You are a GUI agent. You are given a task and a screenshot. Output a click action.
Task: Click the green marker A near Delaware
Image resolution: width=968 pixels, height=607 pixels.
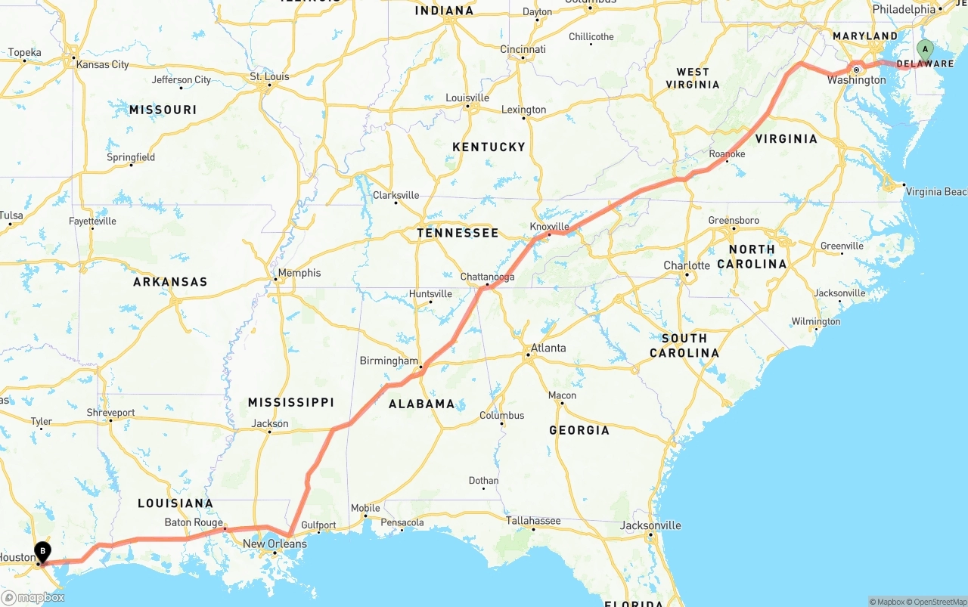point(924,51)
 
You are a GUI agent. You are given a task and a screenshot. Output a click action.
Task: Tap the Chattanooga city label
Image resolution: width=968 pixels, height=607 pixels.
point(488,277)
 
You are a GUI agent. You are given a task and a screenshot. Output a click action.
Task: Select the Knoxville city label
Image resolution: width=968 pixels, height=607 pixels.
point(549,226)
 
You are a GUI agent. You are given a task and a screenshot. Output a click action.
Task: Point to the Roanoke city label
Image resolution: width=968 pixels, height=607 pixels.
point(727,153)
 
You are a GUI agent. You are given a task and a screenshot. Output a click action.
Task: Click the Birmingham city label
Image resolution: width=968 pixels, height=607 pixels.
point(389,361)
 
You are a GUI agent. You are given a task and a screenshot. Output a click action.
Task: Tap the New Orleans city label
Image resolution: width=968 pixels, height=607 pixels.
point(275,544)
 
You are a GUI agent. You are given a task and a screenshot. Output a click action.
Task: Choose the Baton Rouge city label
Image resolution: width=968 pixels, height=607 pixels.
point(194,522)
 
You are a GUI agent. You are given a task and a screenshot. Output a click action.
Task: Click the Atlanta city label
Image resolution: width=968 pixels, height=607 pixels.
point(548,348)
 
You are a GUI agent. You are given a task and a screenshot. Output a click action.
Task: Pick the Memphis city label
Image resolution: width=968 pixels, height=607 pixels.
point(299,273)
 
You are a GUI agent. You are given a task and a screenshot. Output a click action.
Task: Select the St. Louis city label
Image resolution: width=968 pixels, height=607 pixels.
point(270,76)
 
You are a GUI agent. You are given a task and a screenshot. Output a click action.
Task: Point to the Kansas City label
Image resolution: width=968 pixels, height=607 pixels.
point(103,64)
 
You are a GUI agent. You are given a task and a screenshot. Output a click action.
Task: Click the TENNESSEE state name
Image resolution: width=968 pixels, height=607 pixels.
point(458,233)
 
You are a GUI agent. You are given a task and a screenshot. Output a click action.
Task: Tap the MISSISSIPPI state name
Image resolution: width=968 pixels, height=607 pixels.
point(291,402)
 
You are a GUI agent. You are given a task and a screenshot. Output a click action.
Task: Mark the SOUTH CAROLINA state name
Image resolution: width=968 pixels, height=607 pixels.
point(684,345)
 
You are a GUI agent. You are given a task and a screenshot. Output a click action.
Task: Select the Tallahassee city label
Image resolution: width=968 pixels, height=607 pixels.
point(533,521)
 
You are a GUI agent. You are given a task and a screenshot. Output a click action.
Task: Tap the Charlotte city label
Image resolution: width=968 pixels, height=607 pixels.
point(687,265)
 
